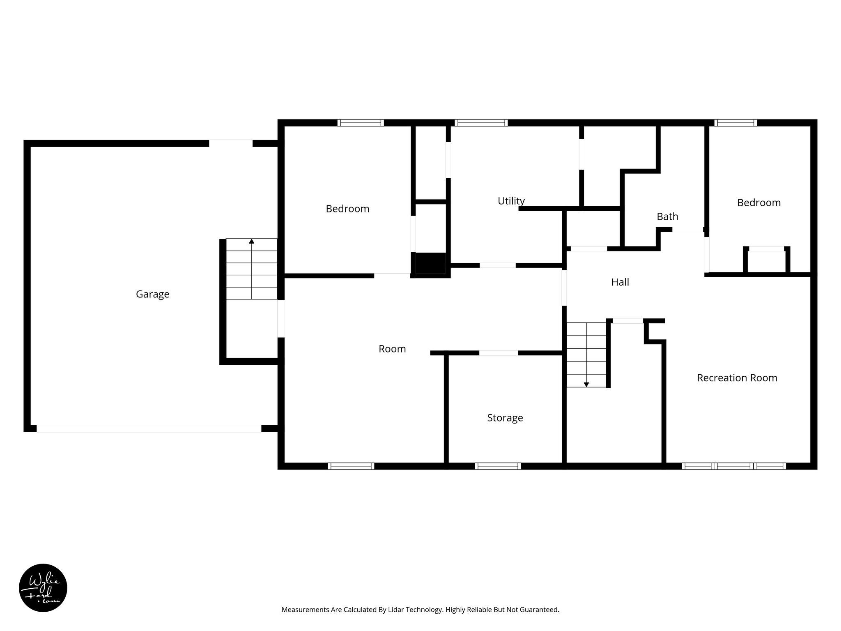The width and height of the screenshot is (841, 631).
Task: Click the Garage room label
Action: (x=152, y=294)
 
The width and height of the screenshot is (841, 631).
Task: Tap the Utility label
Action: (x=511, y=201)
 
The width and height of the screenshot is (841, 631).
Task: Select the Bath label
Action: (x=667, y=216)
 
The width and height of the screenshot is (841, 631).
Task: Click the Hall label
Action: (x=620, y=282)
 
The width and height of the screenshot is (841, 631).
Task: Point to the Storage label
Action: (x=505, y=418)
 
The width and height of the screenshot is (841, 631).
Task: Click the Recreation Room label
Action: (x=737, y=378)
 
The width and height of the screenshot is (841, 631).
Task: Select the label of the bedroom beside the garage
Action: (x=347, y=209)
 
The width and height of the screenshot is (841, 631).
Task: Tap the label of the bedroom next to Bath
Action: (x=758, y=203)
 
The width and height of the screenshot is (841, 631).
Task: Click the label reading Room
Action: (x=392, y=349)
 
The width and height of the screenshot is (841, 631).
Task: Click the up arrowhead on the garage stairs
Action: (x=251, y=241)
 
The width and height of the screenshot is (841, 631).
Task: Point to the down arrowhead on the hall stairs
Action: (x=586, y=385)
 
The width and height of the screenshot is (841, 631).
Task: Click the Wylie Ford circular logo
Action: (x=43, y=588)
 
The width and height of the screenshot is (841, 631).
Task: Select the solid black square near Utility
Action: (x=430, y=263)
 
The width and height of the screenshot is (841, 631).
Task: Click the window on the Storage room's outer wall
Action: (x=498, y=466)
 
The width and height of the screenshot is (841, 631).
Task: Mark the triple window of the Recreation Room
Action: (x=734, y=466)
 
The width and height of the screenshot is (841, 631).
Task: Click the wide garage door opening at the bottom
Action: (x=149, y=428)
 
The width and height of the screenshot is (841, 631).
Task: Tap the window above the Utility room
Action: (x=481, y=122)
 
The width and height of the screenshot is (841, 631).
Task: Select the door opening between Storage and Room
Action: (x=498, y=353)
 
